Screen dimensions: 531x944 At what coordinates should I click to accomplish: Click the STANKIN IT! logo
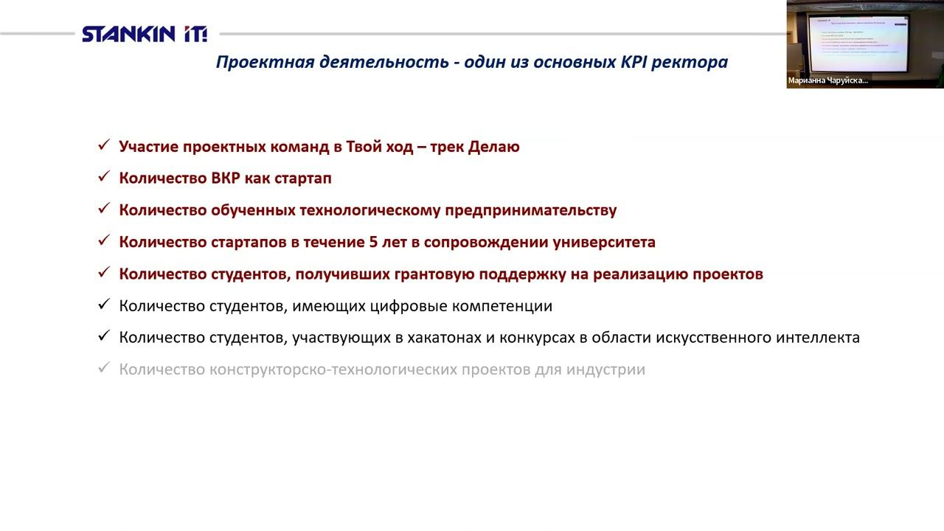(x=145, y=34)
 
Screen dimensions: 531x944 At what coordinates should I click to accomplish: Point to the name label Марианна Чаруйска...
(x=827, y=80)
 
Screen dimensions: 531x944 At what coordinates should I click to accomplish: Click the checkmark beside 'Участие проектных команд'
(x=104, y=146)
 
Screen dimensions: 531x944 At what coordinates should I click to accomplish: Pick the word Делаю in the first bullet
(x=493, y=147)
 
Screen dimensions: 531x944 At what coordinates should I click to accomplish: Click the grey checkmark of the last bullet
(x=104, y=368)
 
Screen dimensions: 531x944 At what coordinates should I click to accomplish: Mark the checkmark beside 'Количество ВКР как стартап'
(x=104, y=178)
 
